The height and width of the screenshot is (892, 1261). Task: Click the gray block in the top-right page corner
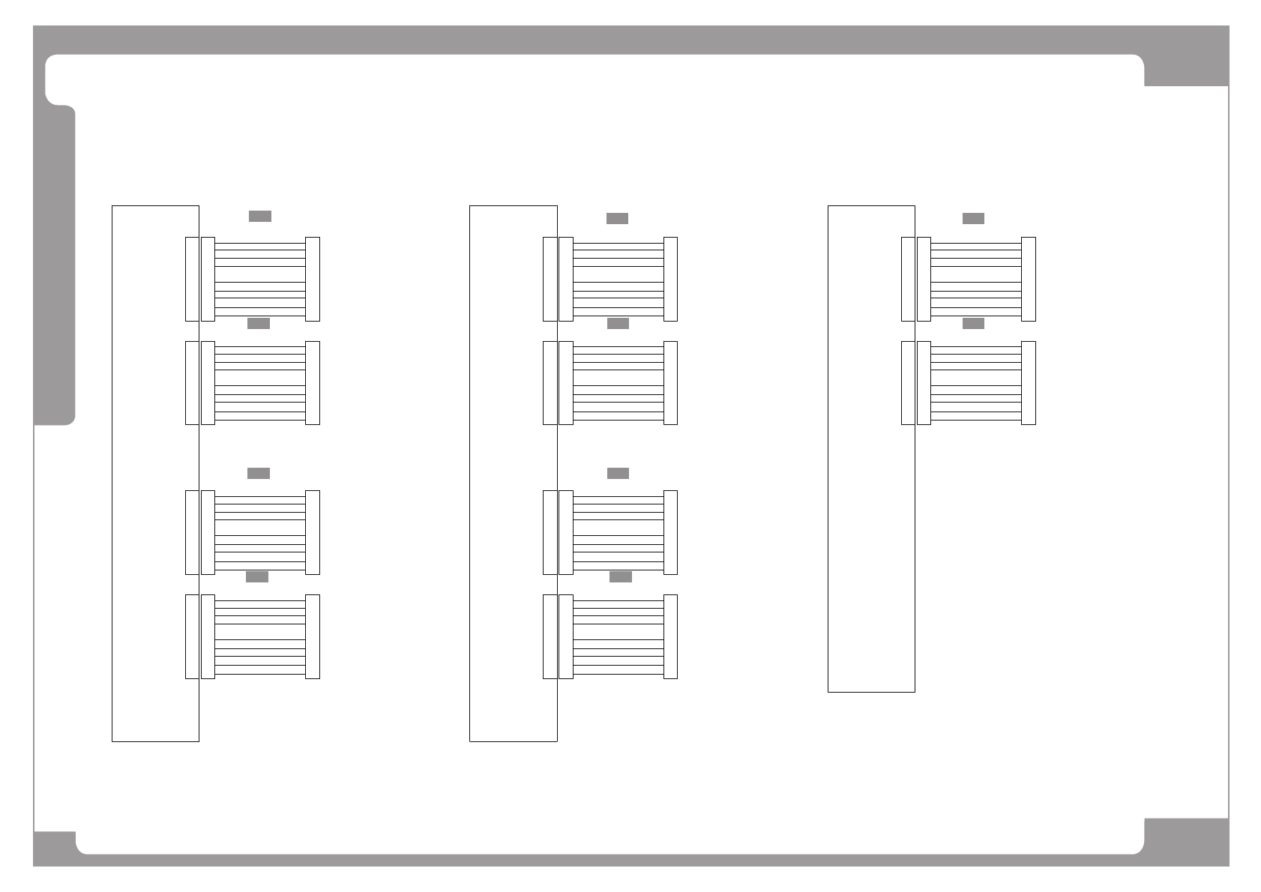point(1186,69)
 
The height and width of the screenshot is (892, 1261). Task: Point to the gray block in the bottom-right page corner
point(1186,841)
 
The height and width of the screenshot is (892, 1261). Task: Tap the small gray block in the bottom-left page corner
point(55,848)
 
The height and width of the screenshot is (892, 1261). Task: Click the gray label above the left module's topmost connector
point(259,216)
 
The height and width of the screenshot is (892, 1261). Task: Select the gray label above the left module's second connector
point(258,323)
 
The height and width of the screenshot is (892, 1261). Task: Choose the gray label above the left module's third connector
point(258,473)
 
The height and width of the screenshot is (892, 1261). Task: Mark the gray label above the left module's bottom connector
point(257,576)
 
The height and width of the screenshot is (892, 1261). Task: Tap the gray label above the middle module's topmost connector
point(617,218)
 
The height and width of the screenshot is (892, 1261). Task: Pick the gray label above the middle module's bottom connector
point(620,576)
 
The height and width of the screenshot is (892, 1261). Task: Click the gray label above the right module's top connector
point(973,218)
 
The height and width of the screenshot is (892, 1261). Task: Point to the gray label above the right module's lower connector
point(973,323)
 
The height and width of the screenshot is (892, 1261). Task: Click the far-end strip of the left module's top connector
point(313,279)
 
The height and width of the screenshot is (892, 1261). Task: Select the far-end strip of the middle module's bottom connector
point(670,636)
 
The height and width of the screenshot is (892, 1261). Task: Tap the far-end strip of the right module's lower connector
point(1029,383)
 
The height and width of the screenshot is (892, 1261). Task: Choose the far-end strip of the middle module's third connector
point(670,532)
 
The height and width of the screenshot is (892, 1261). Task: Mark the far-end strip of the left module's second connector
point(313,383)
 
